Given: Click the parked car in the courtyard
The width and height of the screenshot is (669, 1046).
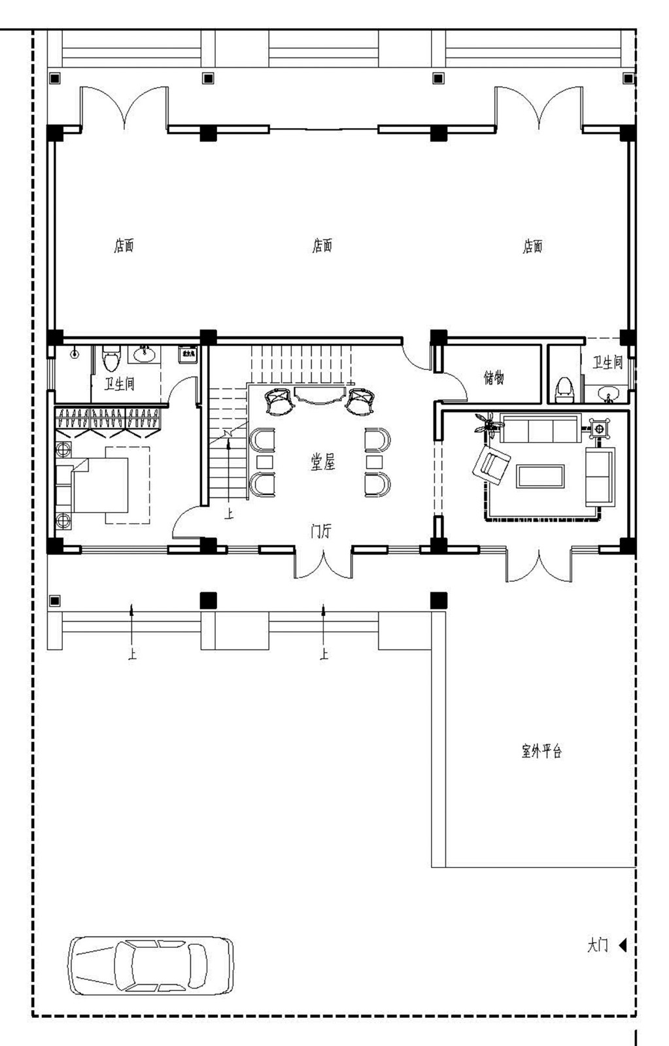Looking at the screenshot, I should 151,966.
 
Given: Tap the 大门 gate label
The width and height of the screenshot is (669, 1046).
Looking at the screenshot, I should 597,945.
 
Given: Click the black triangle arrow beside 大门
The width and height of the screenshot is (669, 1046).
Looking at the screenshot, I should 623,945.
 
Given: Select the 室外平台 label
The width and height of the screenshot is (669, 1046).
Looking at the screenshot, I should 541,751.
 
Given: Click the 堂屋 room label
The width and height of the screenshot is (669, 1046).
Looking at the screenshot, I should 322,463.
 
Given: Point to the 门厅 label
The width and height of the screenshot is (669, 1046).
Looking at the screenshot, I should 320,531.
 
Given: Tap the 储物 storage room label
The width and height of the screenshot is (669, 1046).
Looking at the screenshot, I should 494,378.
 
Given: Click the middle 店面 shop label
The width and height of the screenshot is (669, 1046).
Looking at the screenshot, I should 322,246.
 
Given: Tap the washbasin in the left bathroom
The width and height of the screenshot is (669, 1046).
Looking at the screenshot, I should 145,355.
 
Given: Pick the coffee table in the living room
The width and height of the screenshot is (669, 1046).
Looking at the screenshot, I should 540,476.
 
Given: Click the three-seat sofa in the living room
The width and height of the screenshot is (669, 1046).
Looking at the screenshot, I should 540,429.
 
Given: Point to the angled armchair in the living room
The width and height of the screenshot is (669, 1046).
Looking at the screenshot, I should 491,464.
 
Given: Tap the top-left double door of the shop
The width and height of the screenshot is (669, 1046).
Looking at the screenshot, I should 124,108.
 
